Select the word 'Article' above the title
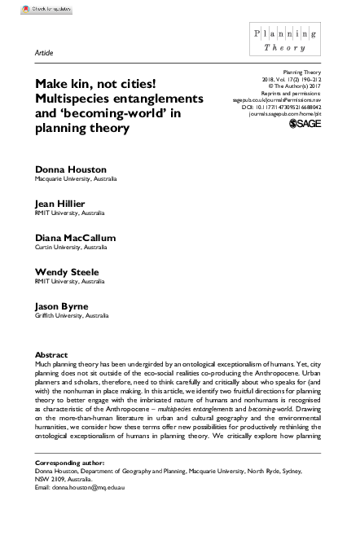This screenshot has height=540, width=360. (x=44, y=51)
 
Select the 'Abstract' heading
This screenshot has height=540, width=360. (x=51, y=355)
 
